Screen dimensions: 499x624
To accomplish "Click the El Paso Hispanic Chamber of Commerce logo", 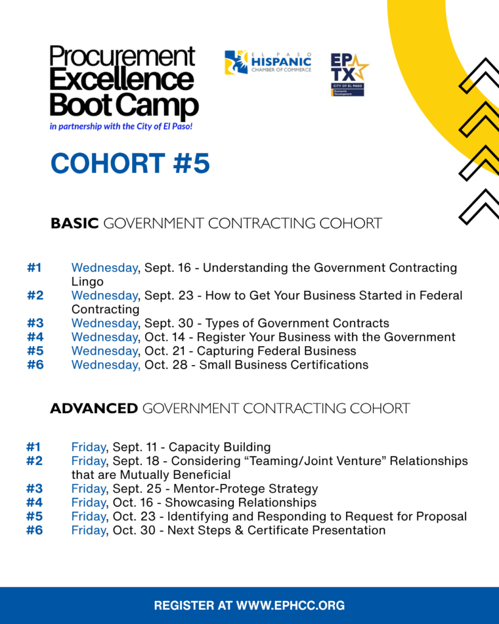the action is (268, 63).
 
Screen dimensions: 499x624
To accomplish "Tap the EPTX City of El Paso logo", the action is (349, 75).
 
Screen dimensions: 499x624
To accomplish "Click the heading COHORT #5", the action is (130, 163).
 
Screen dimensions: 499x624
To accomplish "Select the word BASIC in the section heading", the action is (74, 223).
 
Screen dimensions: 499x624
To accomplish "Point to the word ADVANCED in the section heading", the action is (94, 408).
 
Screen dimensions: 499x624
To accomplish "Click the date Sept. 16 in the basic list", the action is (168, 268).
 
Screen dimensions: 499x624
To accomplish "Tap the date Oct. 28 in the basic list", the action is (166, 365).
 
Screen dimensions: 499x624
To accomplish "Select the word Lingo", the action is (88, 282).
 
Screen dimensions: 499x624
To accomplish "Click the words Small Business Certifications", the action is (284, 365).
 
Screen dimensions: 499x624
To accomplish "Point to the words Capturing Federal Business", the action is (277, 351).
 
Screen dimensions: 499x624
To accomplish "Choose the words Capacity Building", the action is (220, 447).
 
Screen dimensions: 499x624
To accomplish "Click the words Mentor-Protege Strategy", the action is (246, 489).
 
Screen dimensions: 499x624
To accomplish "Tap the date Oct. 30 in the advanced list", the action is (134, 531).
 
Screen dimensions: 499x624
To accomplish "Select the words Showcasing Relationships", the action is (241, 503).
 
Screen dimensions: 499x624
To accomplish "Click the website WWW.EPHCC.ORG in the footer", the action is (291, 606).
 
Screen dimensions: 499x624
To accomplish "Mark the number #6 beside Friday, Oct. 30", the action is (35, 531).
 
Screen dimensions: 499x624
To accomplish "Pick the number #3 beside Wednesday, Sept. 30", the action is (35, 323).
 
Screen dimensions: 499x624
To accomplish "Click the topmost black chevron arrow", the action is (479, 76).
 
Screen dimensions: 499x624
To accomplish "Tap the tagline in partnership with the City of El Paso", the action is (121, 127).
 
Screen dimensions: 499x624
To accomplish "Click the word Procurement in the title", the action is (122, 57).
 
